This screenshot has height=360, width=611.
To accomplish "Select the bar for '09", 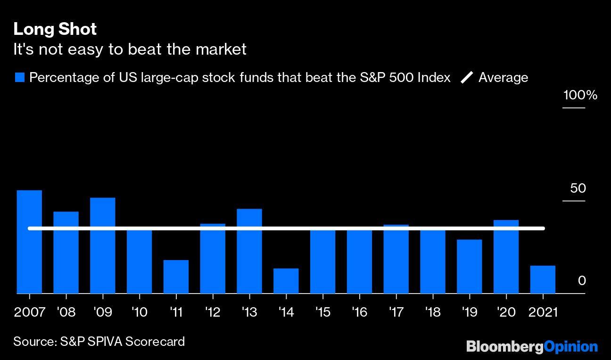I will pos(102,245).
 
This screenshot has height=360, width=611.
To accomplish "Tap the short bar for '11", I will pos(176,277).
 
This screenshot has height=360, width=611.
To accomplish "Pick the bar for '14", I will pos(286,281).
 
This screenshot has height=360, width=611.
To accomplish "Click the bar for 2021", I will pos(543,279).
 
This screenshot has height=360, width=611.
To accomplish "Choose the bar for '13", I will pos(249,251).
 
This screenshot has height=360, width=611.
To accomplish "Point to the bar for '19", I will pos(469,266).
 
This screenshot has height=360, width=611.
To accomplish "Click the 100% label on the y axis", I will pos(580,96).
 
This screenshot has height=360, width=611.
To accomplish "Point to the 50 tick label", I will pos(578,188).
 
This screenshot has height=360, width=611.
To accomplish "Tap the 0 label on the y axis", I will pos(581,281).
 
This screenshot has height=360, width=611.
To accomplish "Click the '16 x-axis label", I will pos(359,312).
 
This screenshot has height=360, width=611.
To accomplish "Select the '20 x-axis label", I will pos(506,312).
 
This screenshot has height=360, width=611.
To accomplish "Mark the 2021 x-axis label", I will pos(543,312).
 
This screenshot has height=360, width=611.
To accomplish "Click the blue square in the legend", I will pos(19,77).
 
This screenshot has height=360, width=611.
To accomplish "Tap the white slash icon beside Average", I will pos(467,77).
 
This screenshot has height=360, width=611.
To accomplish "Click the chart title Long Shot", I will pos(55,29).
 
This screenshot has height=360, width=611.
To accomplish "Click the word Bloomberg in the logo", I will pos(504,347).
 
